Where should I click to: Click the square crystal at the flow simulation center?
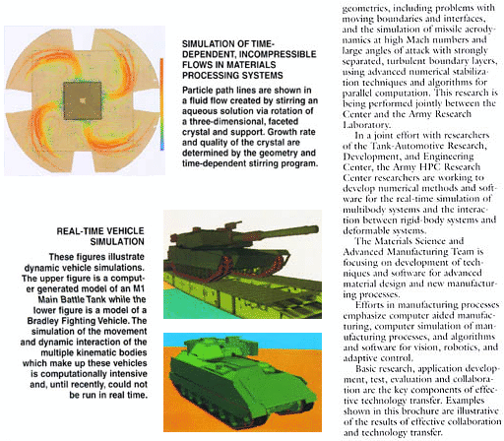[x=83, y=100]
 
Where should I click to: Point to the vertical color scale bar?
[x=161, y=104]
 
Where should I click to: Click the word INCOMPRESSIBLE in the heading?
[x=280, y=54]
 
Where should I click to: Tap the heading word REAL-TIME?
[x=78, y=231]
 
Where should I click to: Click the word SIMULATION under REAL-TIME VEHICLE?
[x=117, y=242]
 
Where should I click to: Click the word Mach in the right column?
[x=419, y=40]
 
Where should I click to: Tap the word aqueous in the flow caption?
[x=199, y=111]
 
